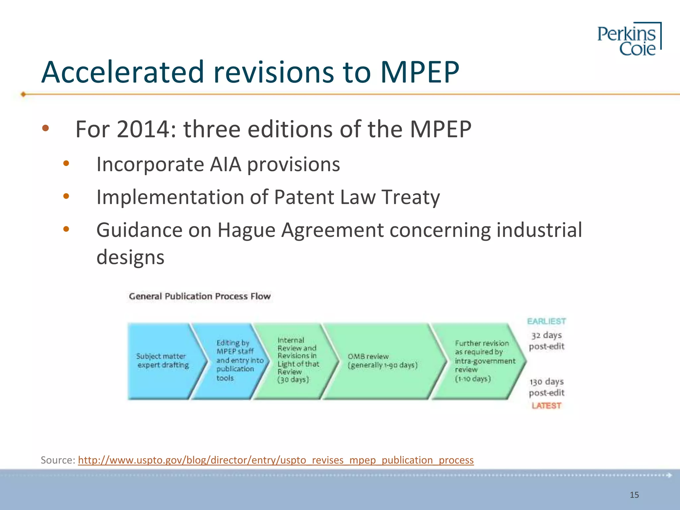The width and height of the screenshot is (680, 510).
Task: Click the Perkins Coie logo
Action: (x=629, y=39)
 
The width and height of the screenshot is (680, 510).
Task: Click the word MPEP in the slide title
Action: (x=419, y=72)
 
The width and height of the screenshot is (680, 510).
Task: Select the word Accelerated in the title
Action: (x=122, y=72)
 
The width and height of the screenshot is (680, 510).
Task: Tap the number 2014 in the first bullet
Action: (x=143, y=129)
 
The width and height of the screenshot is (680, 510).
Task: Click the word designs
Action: (x=130, y=257)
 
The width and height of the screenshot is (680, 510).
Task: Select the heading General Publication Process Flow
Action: (x=200, y=296)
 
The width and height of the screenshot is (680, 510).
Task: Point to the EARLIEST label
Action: (x=546, y=321)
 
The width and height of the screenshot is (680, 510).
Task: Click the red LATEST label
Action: (x=546, y=406)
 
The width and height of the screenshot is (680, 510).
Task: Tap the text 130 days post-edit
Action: (x=547, y=387)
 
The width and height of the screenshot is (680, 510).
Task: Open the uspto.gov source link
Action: (x=276, y=460)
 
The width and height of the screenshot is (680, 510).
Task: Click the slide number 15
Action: (x=634, y=495)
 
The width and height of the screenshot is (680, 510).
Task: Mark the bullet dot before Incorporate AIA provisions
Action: (x=66, y=163)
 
